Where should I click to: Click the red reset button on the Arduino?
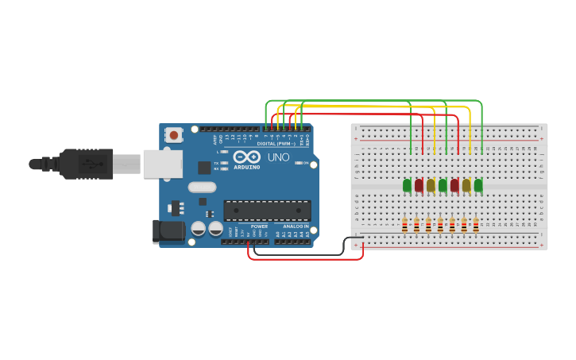tap(173, 135)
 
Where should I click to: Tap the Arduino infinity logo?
tap(246, 157)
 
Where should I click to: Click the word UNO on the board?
tap(278, 157)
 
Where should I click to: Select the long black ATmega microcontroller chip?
tap(267, 211)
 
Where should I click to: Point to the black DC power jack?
tap(168, 231)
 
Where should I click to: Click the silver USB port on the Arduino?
tap(162, 164)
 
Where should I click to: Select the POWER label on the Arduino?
tap(259, 226)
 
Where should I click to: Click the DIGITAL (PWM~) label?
tap(276, 144)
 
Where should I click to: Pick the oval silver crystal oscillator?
tap(202, 188)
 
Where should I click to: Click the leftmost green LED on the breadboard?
tap(407, 185)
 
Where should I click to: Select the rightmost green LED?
tap(478, 185)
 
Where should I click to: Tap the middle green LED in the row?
tap(443, 185)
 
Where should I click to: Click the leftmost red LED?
tap(419, 185)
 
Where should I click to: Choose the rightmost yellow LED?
tap(466, 185)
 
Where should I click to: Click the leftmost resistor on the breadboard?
tap(404, 226)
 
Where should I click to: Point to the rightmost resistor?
tap(476, 226)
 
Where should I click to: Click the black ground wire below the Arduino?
tap(302, 255)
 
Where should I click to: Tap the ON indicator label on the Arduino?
tap(306, 163)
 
